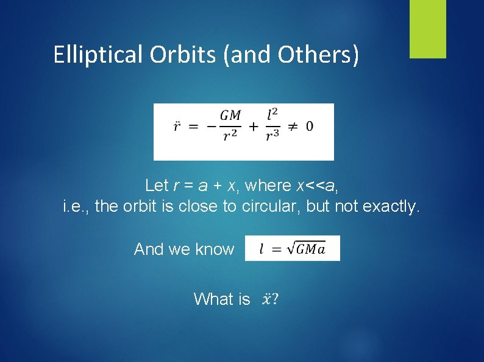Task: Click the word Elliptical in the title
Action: (x=98, y=55)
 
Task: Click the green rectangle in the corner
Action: (x=427, y=29)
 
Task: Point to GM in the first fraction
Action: (x=230, y=116)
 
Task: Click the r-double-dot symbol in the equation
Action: (x=177, y=127)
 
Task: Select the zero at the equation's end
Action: (x=310, y=127)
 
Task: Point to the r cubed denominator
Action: (x=272, y=137)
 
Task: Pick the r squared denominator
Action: (x=230, y=137)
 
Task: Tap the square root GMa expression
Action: (x=302, y=249)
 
